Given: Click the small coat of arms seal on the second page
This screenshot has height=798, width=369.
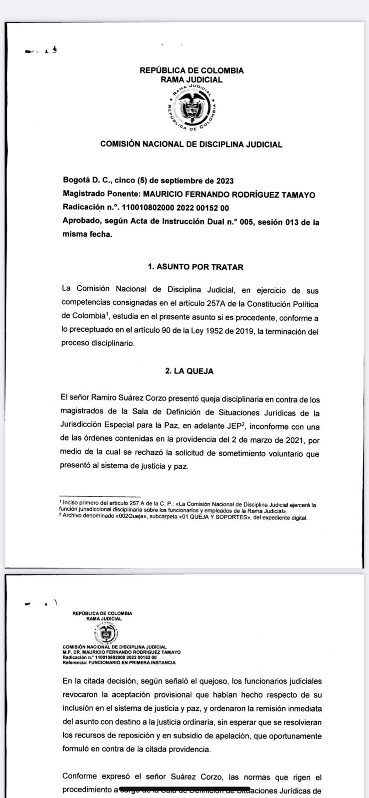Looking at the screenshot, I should pyautogui.click(x=105, y=634).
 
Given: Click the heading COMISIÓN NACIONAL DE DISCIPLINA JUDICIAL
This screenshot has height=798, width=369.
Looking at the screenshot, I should pyautogui.click(x=191, y=145).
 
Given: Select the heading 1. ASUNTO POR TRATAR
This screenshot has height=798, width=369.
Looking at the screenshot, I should pyautogui.click(x=195, y=267).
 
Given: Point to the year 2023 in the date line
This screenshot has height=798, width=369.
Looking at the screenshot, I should pyautogui.click(x=224, y=181).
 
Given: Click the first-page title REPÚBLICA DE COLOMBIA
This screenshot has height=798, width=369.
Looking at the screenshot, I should pyautogui.click(x=191, y=71).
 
